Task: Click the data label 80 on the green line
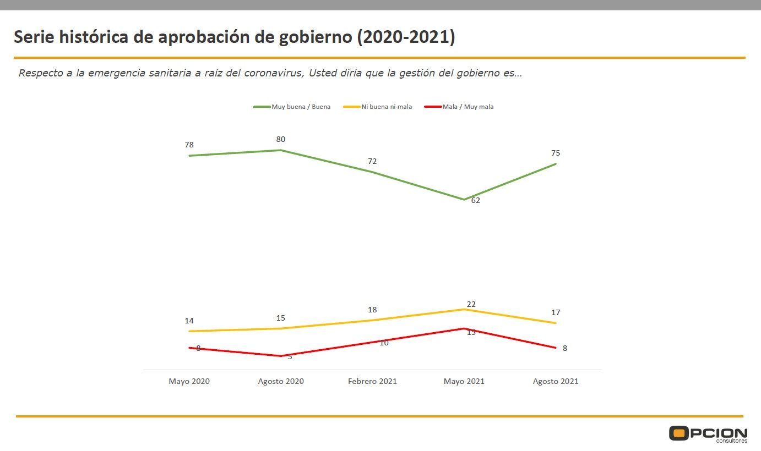(281, 140)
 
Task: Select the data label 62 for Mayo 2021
(475, 201)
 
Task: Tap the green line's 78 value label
(189, 145)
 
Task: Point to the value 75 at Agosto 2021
(556, 153)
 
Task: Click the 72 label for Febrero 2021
(372, 162)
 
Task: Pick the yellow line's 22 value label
(471, 304)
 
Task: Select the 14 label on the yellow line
(189, 321)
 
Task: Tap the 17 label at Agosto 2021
(556, 313)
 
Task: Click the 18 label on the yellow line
(372, 310)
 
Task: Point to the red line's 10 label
(384, 343)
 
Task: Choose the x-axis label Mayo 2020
(189, 381)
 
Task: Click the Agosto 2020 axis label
(281, 381)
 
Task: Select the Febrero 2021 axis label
(372, 381)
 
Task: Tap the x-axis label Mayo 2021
(464, 381)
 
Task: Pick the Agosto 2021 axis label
(556, 381)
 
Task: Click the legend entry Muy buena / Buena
(301, 107)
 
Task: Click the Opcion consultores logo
(708, 434)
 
